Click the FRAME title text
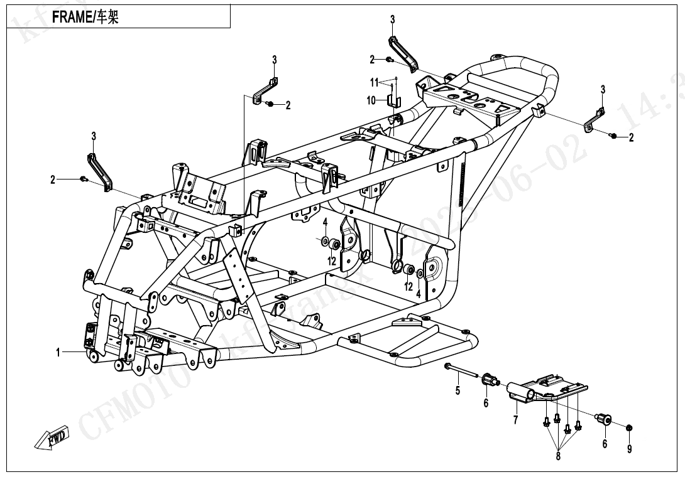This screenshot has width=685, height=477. click(x=85, y=18)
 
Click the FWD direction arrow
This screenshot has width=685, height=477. click(x=52, y=440)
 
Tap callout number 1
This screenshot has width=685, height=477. click(x=58, y=353)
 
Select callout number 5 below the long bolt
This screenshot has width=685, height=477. click(x=458, y=391)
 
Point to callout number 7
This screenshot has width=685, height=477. click(x=515, y=421)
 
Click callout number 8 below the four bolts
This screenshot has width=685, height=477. click(x=558, y=456)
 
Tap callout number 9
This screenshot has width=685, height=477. click(x=630, y=449)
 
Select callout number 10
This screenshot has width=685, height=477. click(x=371, y=100)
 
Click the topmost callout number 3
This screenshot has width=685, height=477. click(x=392, y=19)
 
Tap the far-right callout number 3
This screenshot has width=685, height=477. click(x=603, y=89)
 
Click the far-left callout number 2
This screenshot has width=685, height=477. click(x=53, y=180)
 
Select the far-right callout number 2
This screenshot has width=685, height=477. click(x=631, y=137)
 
